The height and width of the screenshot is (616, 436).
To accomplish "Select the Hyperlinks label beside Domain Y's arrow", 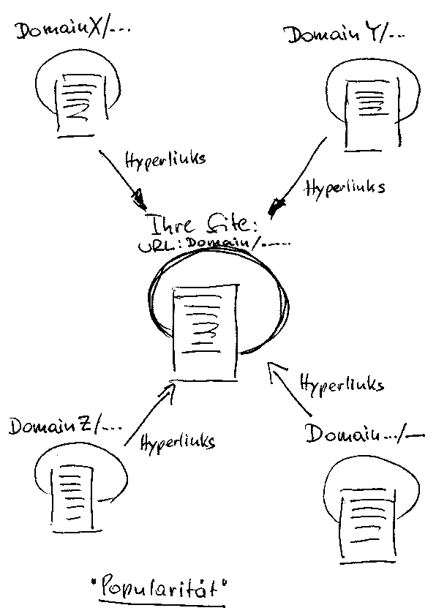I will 346,187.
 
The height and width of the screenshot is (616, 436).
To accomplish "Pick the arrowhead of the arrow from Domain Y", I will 277,206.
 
